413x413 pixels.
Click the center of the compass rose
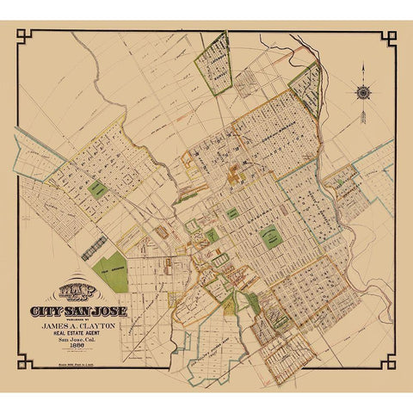coord(363,89)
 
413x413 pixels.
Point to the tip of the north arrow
coord(363,64)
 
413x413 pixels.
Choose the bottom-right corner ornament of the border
coord(390,364)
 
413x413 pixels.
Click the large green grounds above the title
coord(109,270)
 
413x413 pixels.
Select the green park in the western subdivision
coord(98,189)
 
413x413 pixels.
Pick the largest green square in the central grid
coord(272,236)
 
